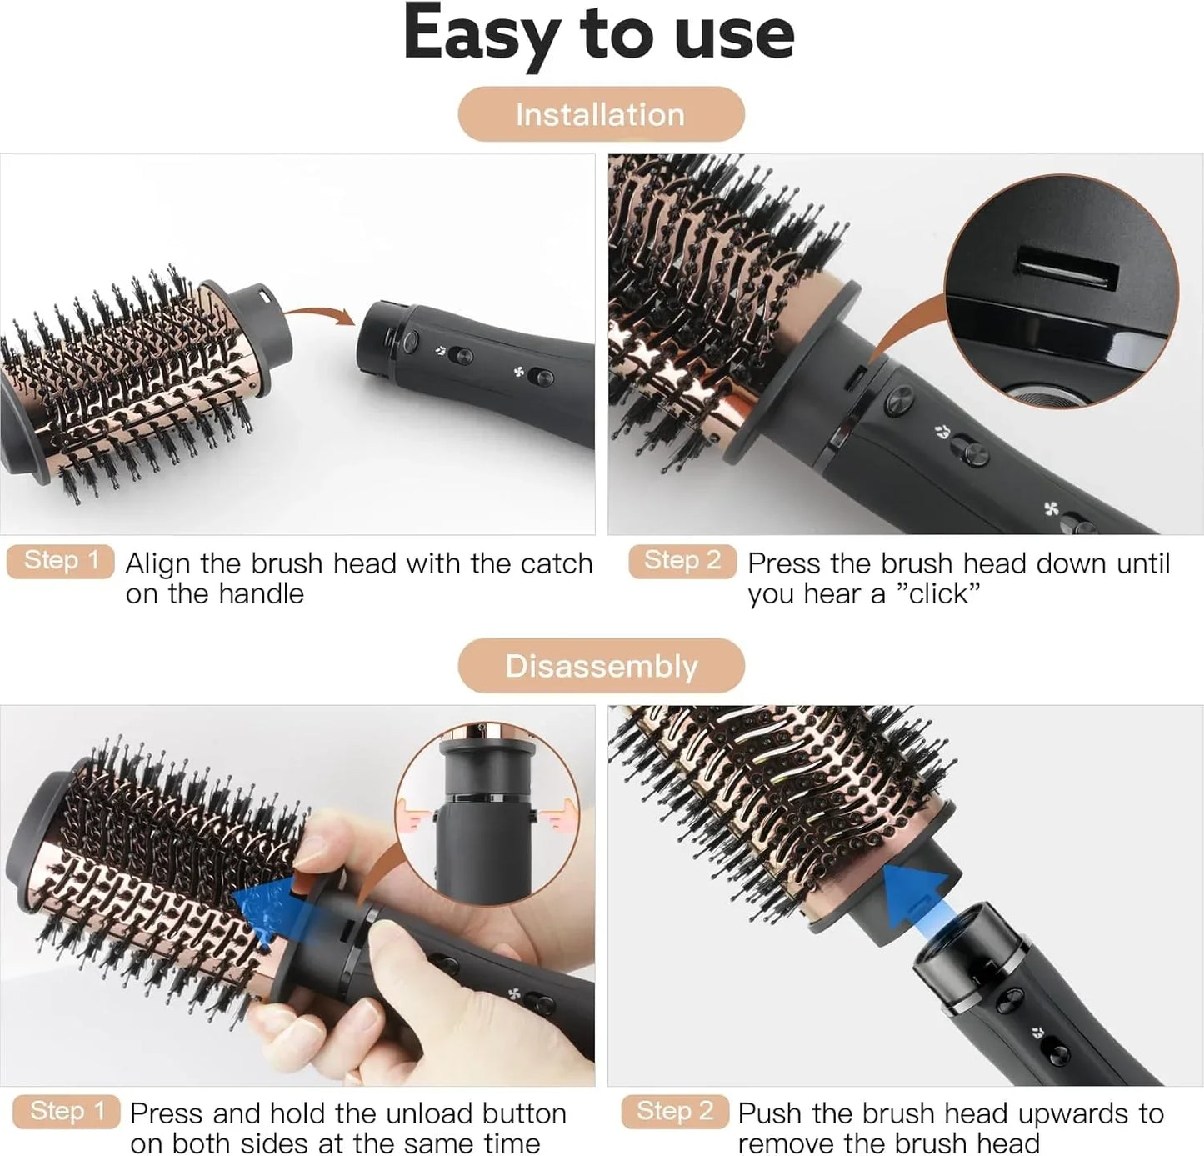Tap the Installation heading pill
[600, 114]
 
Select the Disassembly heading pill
[600, 666]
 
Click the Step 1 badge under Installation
[61, 561]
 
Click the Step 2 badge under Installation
[682, 561]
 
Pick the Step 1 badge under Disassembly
[67, 1111]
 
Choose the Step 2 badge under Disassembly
[674, 1111]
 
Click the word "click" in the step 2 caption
[938, 594]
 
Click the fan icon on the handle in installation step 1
[518, 372]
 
